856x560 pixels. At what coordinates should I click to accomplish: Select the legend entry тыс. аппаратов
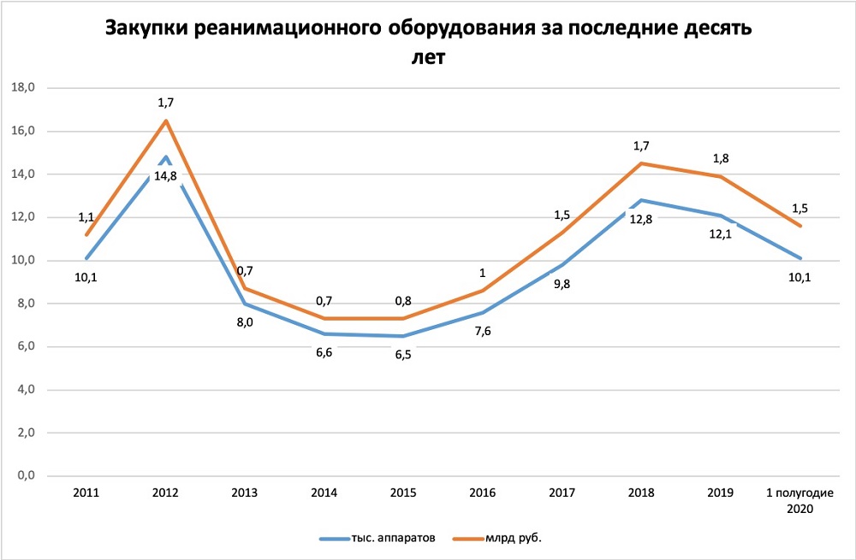click(394, 539)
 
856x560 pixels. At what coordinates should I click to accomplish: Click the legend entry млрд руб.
click(514, 539)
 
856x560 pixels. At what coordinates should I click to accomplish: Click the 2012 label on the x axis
click(165, 493)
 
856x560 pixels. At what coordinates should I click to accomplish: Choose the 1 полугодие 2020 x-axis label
click(801, 501)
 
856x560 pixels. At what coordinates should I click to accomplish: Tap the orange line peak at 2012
click(166, 120)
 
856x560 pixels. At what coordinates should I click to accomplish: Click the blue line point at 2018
click(642, 200)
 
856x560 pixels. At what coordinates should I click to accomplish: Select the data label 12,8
click(642, 219)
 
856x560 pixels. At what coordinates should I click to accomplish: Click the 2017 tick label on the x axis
click(562, 493)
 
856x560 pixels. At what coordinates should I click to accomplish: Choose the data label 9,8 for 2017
click(562, 284)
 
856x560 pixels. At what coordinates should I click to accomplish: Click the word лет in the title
click(428, 58)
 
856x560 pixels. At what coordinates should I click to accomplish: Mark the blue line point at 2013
click(245, 304)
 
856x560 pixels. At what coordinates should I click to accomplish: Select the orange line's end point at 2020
click(801, 226)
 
